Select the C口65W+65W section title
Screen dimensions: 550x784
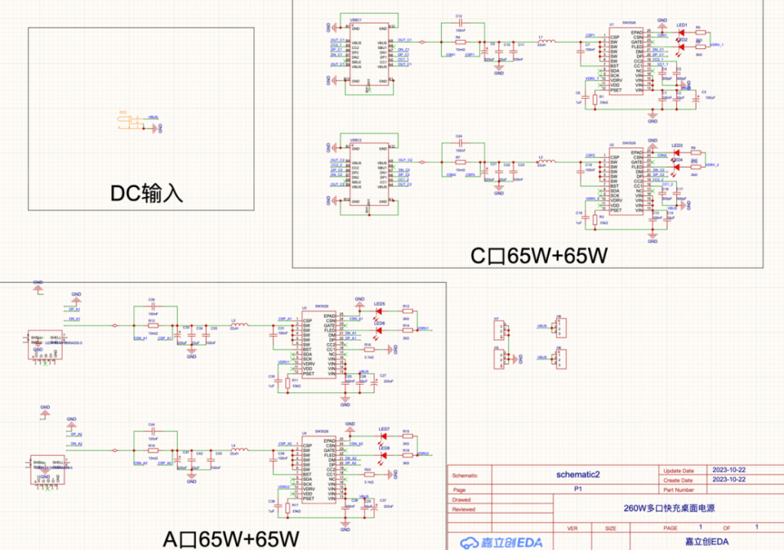539,255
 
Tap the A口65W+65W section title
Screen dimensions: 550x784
230,538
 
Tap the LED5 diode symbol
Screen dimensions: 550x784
379,311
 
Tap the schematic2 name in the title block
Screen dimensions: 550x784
578,475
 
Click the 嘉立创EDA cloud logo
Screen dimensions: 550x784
501,542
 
